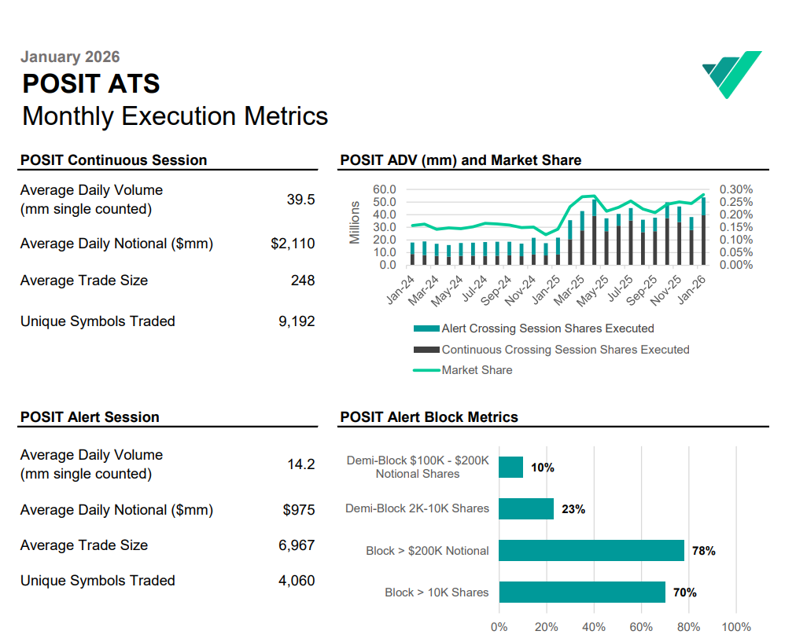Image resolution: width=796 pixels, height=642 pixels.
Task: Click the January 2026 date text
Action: click(70, 57)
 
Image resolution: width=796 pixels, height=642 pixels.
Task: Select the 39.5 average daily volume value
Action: click(300, 200)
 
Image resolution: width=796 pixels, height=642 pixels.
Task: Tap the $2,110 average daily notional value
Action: click(293, 244)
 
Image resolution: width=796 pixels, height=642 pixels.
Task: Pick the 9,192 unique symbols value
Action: click(297, 321)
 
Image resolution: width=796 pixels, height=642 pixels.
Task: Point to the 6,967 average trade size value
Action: click(297, 545)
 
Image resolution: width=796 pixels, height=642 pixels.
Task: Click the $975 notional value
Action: click(299, 510)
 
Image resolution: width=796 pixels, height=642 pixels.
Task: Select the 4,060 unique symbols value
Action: click(297, 581)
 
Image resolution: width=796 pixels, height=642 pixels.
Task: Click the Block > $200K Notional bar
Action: click(591, 551)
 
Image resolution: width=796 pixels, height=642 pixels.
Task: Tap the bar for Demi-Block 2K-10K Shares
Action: click(526, 508)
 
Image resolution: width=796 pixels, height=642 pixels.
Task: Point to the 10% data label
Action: click(543, 468)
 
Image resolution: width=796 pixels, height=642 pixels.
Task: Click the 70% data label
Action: click(685, 592)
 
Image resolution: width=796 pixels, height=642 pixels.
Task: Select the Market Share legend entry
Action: click(463, 370)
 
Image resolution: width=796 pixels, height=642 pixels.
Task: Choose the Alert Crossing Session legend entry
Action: click(533, 328)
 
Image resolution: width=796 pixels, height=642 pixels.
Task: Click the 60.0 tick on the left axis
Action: click(385, 189)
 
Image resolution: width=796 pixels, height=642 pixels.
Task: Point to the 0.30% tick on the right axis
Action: click(736, 189)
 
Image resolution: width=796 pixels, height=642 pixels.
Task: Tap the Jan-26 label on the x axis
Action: click(692, 289)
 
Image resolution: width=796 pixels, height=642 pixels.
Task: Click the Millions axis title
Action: click(354, 222)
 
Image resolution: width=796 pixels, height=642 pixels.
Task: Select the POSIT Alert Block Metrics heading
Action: click(429, 417)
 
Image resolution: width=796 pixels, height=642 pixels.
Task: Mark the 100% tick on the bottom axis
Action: click(736, 627)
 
